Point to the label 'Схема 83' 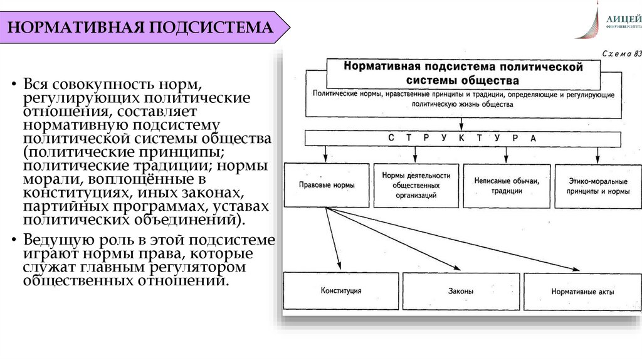(621, 55)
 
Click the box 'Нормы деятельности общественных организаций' (416, 186)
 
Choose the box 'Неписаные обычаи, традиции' (507, 186)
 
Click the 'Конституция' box (340, 291)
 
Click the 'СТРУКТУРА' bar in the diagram (461, 138)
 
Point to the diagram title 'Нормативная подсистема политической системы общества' (463, 73)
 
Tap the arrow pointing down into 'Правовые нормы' (326, 154)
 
